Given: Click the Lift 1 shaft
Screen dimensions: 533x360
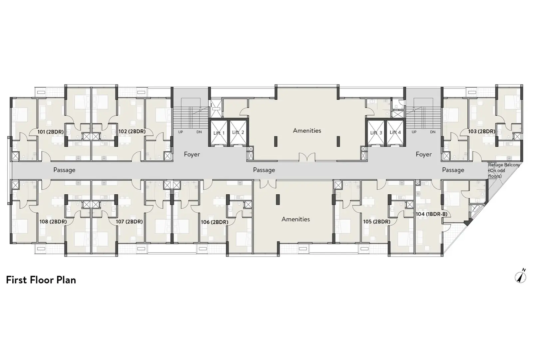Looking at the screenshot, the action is point(219,133).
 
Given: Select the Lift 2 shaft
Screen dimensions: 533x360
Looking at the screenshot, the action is point(238,133).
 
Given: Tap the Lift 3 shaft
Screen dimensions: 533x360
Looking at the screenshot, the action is point(376,133).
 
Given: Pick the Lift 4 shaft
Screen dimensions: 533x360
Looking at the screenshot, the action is point(395,133).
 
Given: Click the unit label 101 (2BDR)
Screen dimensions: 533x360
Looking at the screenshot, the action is point(51,132).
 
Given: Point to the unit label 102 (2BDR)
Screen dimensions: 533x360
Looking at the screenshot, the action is point(132,131).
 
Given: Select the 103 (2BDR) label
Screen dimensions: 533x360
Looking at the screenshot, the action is point(482,131).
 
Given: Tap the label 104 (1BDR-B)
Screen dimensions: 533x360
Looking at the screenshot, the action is point(432,214).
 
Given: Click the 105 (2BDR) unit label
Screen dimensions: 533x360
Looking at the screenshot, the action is point(377,222).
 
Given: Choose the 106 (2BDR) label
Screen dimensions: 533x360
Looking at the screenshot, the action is point(215,222).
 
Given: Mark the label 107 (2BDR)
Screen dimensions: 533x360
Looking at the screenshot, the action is point(129,222).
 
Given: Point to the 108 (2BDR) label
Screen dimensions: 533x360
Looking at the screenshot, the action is point(53,222).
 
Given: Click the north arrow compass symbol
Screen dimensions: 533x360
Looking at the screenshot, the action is point(520,276).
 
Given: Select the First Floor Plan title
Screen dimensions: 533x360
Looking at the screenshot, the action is point(41,280).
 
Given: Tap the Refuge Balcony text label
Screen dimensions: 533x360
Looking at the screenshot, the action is point(504,165).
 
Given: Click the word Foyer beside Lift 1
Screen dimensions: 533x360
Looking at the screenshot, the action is point(192,155).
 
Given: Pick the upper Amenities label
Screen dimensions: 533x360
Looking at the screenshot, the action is point(307,131).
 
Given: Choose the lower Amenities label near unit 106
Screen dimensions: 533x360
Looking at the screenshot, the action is point(296,219).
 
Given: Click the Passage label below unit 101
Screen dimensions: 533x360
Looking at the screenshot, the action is point(64,170).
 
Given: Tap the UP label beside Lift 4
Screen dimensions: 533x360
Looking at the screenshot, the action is point(414,132).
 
